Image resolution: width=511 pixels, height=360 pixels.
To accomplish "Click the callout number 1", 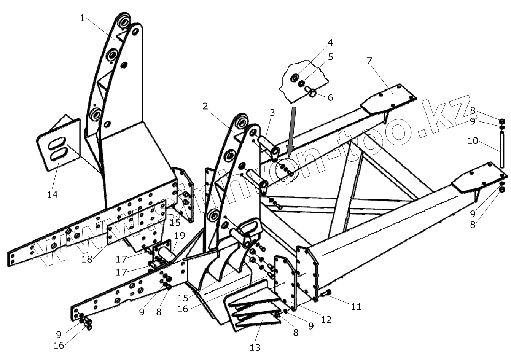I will coord(83,18).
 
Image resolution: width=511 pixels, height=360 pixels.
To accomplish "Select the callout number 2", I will coord(205,106).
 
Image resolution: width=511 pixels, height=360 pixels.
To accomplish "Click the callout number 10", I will coord(473,141).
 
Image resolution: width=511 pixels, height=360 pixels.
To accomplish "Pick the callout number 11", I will coord(356,307).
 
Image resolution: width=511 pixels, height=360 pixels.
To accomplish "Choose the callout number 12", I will coord(326,319).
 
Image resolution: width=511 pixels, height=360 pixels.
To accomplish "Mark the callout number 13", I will coord(255,347).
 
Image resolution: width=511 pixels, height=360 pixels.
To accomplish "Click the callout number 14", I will coord(52,194).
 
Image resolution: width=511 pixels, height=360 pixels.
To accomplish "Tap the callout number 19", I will coord(179,236).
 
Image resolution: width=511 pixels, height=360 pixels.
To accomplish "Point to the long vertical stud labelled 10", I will coord(502,148).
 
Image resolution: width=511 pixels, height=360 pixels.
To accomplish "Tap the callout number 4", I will coord(330,42).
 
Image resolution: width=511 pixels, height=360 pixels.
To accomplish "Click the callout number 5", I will coord(330,57).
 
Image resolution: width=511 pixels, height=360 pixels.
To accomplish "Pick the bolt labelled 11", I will coord(326,293).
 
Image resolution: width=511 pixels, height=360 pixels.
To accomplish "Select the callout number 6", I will coord(330,97).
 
